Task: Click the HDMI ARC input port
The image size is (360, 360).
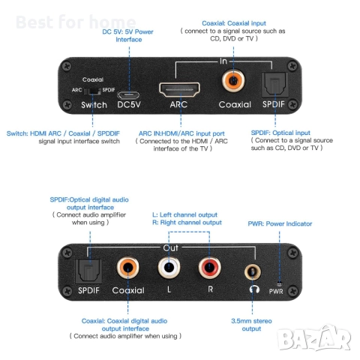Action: click(x=179, y=89)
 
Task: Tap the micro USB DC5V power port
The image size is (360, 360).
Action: click(x=128, y=95)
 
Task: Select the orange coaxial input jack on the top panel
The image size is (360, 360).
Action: click(x=233, y=81)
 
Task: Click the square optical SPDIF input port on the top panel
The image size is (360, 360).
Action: click(x=274, y=85)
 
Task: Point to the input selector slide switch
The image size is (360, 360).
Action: click(x=92, y=91)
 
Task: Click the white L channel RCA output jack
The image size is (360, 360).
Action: click(x=169, y=267)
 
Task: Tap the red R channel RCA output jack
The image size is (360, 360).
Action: click(x=210, y=267)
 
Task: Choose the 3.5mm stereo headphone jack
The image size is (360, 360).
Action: click(x=253, y=272)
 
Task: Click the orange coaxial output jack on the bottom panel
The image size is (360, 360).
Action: click(x=128, y=268)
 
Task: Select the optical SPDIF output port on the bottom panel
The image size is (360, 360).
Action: click(x=88, y=271)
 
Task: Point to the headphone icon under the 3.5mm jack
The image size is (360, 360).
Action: click(x=254, y=289)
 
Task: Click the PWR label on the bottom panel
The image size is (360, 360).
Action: click(x=276, y=291)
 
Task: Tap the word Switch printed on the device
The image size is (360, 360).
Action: click(x=94, y=105)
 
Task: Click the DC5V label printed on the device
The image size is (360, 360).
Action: click(x=129, y=104)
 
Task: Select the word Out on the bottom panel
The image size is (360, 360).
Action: click(x=171, y=247)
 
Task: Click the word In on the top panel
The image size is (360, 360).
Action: click(x=223, y=61)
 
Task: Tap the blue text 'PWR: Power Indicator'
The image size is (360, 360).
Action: click(x=280, y=223)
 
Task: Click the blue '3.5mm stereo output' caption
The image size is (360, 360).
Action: click(x=251, y=325)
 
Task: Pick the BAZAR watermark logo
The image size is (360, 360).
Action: click(x=314, y=337)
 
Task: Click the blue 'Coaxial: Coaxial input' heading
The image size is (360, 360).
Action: click(x=234, y=23)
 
